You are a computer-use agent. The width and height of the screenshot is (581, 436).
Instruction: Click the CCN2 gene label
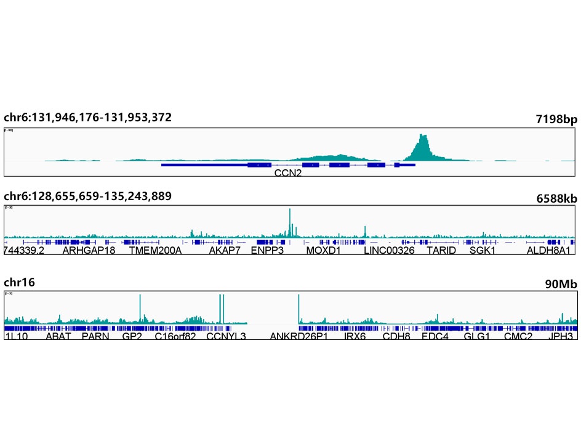(x=288, y=174)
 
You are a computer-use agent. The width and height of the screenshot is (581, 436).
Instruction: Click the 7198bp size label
(x=556, y=119)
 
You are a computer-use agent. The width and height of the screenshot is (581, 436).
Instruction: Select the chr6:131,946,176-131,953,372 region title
(x=87, y=118)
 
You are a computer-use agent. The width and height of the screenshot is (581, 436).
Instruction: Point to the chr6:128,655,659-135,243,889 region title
(x=87, y=196)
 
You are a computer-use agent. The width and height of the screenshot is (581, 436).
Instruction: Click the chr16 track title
(x=19, y=283)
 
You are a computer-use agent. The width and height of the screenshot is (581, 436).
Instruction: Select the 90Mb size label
(x=561, y=284)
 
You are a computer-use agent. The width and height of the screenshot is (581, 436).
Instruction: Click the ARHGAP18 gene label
(x=89, y=251)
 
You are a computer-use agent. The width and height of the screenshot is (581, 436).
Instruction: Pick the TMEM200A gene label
(x=155, y=251)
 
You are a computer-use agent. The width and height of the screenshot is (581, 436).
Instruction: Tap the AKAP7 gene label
(x=225, y=251)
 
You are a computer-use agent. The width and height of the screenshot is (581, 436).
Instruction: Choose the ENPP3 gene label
(x=267, y=251)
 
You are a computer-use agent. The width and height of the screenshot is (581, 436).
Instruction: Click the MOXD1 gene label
(x=323, y=251)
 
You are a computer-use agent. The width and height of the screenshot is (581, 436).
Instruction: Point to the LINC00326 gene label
(x=389, y=251)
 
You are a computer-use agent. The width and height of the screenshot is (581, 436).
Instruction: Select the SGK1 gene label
(x=483, y=251)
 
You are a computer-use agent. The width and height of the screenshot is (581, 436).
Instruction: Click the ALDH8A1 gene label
(x=550, y=251)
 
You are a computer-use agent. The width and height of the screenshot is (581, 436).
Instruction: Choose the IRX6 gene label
(x=355, y=336)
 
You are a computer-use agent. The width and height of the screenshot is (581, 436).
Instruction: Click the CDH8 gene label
(x=396, y=336)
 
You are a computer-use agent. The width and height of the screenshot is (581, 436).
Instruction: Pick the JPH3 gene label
(x=561, y=336)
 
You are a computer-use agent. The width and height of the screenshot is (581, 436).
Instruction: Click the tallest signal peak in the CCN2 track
(x=422, y=135)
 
